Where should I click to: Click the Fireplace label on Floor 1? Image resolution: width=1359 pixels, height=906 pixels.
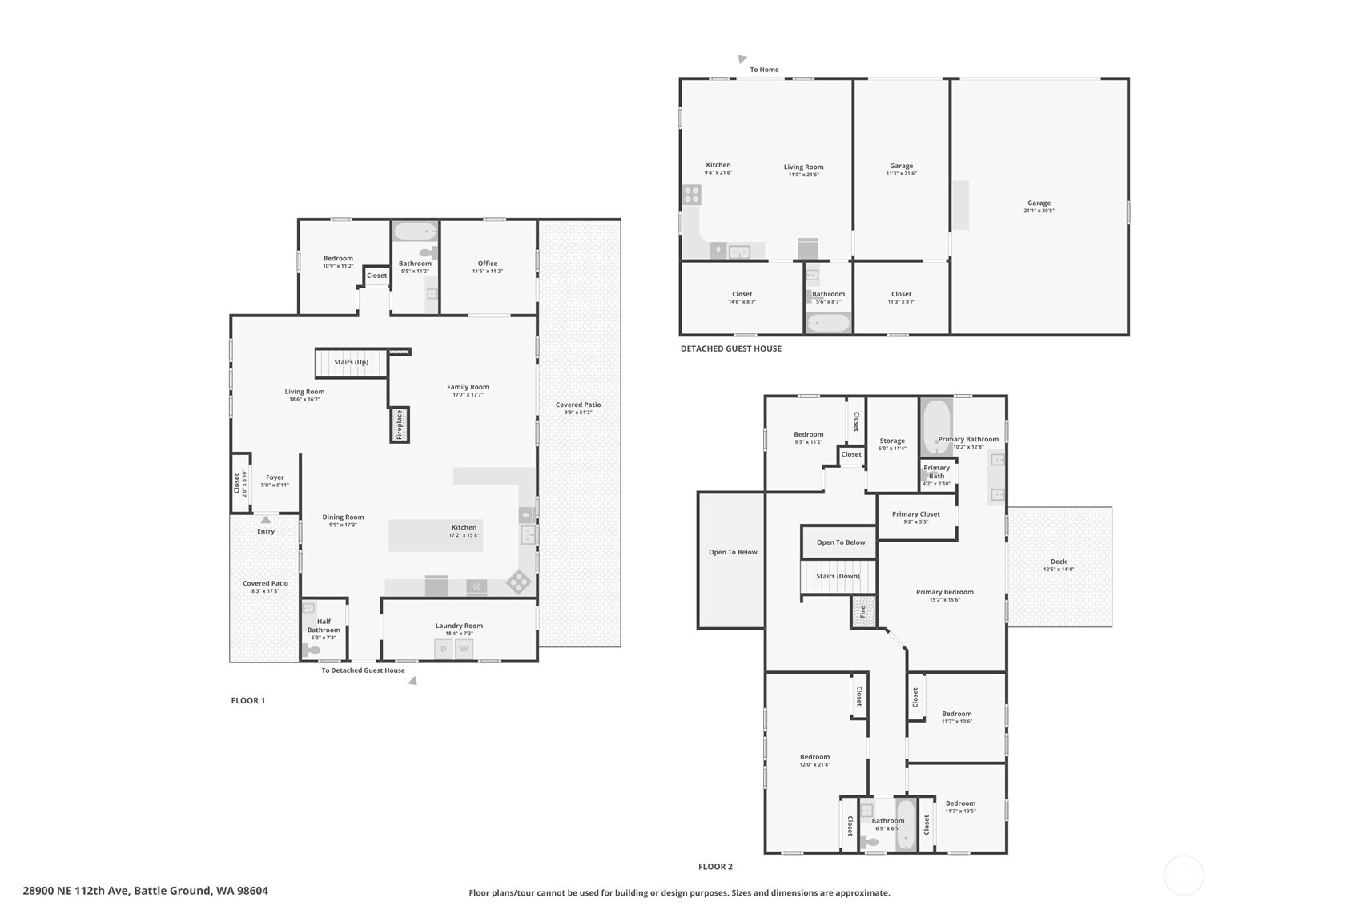[x=399, y=425]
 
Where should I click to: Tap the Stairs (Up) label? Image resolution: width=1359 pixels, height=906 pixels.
[x=351, y=362]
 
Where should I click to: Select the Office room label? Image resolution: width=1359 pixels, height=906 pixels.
[x=487, y=264]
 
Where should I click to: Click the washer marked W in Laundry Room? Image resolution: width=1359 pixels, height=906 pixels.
[x=464, y=649]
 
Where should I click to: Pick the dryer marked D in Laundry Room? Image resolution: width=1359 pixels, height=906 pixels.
[x=444, y=649]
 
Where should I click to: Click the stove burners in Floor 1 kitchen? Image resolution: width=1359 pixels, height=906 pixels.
[x=518, y=582]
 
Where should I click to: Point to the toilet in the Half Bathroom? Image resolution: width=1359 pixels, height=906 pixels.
[x=311, y=650]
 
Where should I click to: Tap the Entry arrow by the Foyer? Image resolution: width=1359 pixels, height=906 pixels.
[x=266, y=521]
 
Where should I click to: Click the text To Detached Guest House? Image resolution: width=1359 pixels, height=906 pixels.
[x=363, y=670]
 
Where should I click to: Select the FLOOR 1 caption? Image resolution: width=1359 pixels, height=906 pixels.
[x=247, y=700]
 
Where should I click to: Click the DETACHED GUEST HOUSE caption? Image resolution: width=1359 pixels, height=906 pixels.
[x=730, y=348]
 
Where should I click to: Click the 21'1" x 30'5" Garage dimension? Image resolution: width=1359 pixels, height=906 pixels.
[x=1039, y=211]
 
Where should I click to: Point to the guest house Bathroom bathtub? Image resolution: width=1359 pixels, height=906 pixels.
[x=828, y=323]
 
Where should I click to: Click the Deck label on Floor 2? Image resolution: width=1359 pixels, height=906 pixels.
[x=1058, y=562]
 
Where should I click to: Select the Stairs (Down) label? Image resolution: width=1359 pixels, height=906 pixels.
[x=838, y=576]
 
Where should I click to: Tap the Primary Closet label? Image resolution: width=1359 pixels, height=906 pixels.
[x=915, y=514]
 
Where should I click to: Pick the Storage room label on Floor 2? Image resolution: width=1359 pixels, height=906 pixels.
[x=891, y=441]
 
